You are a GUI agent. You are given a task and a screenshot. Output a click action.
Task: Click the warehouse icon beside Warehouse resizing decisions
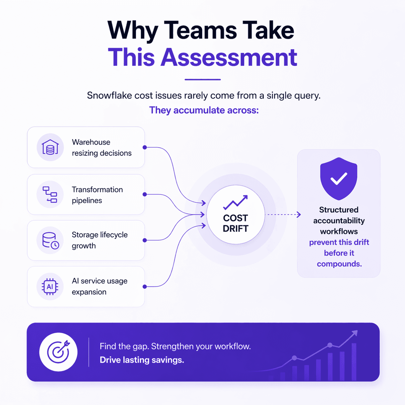[50, 147]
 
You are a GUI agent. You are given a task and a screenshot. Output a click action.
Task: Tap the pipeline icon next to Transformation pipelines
[50, 194]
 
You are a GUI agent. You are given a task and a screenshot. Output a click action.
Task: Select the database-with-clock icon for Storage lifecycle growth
[50, 241]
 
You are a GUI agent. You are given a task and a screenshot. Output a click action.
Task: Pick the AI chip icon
[50, 287]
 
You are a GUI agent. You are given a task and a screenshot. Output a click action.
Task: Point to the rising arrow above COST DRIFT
[235, 202]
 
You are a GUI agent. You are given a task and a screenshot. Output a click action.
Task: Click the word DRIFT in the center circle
[235, 229]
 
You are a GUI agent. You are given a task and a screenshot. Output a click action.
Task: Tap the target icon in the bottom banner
[58, 352]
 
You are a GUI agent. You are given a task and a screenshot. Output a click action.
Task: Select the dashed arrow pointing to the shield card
[283, 214]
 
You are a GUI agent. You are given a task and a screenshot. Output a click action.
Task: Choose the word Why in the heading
[132, 31]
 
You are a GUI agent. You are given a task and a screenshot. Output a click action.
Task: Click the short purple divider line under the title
[202, 79]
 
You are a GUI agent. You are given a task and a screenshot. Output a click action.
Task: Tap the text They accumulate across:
[204, 110]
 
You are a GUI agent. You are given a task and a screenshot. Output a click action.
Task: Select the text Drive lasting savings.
[142, 360]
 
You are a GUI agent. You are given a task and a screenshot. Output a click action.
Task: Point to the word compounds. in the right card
[339, 264]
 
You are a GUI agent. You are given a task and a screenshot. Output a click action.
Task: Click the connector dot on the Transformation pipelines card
[145, 194]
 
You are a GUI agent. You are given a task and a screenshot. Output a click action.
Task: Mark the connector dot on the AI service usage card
[145, 287]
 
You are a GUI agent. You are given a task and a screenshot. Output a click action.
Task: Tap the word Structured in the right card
[339, 210]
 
